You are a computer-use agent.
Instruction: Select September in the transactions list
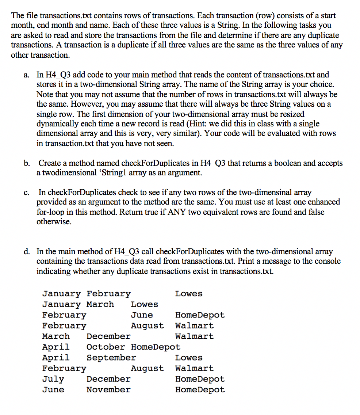pos(111,358)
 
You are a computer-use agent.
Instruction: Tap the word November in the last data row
pos(108,389)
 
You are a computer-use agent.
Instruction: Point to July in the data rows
pos(53,379)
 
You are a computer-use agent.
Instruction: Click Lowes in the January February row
pos(188,294)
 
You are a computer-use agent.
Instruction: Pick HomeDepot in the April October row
pos(156,347)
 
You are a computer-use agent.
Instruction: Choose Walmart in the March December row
pos(194,336)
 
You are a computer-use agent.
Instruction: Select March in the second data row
pos(100,304)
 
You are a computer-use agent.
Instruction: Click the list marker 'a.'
pos(27,75)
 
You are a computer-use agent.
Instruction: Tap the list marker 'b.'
pos(27,163)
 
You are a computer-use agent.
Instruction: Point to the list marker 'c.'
pos(27,192)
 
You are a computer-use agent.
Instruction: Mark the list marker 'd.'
pos(27,252)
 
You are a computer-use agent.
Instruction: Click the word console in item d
pos(327,261)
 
